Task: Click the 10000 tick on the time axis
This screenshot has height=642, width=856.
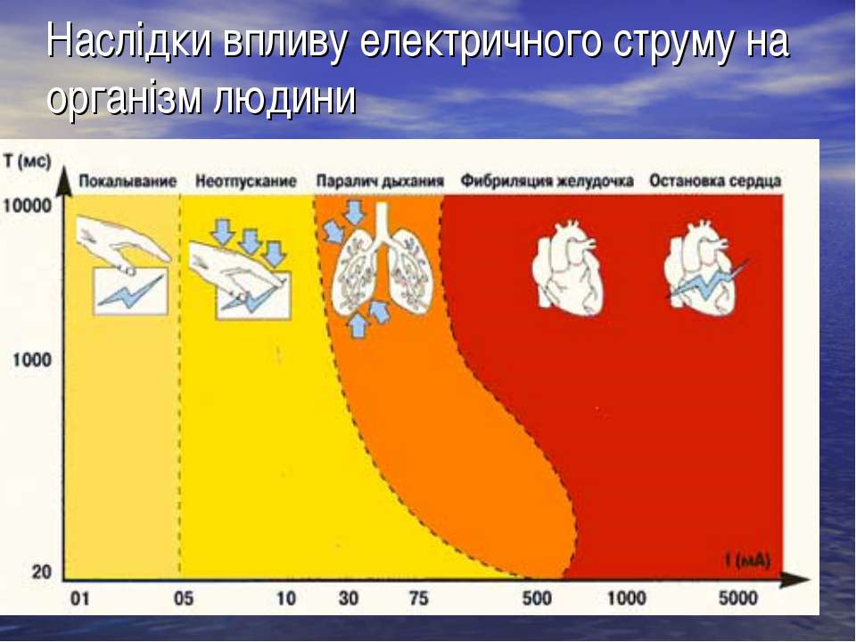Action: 28,206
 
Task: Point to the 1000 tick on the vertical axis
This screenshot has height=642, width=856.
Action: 32,360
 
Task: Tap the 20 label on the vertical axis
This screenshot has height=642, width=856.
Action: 41,572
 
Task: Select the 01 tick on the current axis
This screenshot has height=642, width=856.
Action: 79,599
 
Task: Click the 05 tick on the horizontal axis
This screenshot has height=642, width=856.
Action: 184,599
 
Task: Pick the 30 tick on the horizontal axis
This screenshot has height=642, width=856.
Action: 349,599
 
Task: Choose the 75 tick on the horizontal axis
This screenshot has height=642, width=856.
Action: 419,599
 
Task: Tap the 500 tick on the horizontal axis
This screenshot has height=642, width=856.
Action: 537,599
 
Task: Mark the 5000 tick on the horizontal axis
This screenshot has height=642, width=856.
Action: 737,599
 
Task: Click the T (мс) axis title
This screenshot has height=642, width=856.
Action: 27,162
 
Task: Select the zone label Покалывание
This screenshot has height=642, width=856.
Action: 128,181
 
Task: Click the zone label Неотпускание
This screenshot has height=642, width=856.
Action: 246,181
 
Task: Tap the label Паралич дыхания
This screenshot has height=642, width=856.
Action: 380,181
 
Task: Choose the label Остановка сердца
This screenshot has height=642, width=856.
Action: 715,181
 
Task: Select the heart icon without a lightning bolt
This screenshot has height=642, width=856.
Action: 568,267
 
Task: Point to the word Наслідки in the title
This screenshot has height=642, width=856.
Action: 128,42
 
